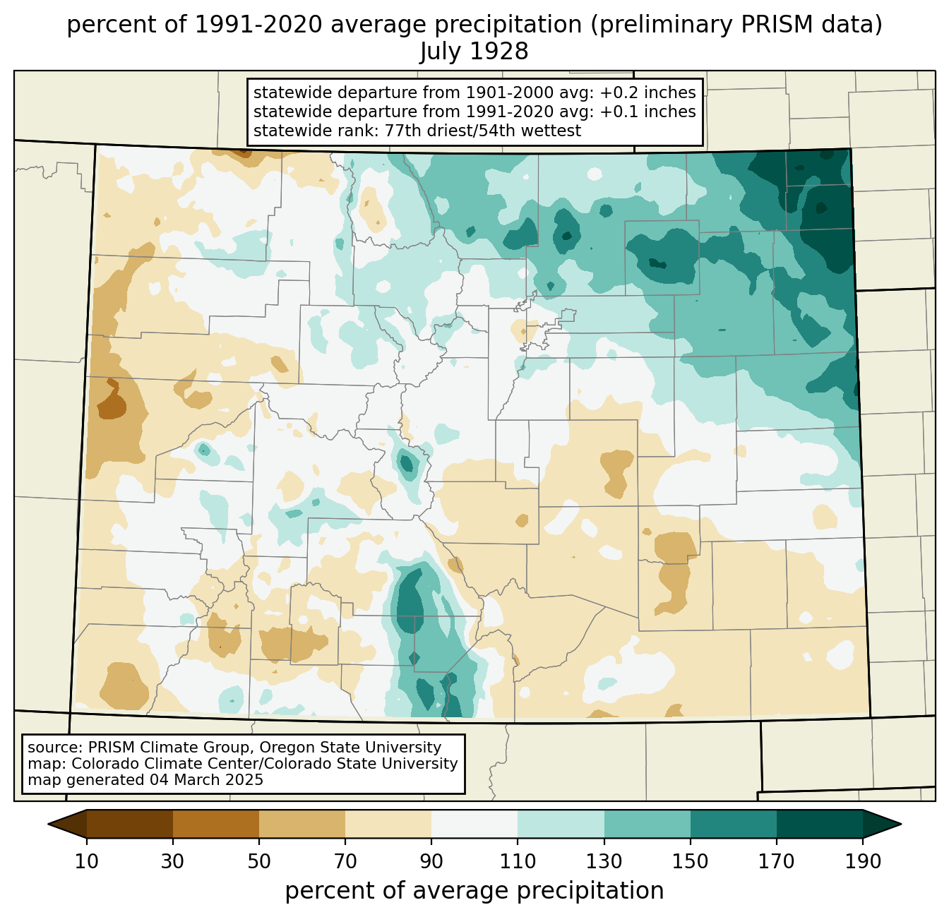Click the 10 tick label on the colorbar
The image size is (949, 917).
[86, 862]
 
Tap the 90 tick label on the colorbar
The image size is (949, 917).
[431, 862]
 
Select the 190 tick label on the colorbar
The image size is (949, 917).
[863, 862]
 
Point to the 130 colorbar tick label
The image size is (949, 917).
[604, 862]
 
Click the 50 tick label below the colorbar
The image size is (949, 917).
[259, 862]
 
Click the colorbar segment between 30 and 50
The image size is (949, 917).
[216, 825]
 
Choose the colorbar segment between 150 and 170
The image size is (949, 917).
[734, 825]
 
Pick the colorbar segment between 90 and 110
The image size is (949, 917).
[474, 825]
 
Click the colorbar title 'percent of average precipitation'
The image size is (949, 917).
[474, 891]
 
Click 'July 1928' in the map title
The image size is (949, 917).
[474, 52]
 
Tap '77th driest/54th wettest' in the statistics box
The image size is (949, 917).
[483, 131]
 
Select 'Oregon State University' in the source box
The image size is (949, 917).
[350, 748]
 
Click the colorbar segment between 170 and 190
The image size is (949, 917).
[819, 825]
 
